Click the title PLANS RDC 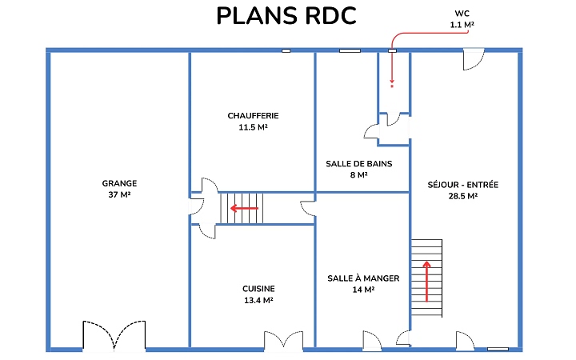(x=286, y=17)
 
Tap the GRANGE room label (x=119, y=183)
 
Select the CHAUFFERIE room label (x=253, y=116)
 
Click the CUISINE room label (x=258, y=289)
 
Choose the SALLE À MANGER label (x=363, y=278)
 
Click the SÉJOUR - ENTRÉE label (x=463, y=184)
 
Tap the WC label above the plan (x=461, y=14)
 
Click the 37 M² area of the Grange (x=119, y=195)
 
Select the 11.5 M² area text (x=253, y=127)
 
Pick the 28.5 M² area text (x=463, y=196)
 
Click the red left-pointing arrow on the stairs (x=245, y=208)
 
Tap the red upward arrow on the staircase (x=427, y=280)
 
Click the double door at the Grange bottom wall (x=114, y=336)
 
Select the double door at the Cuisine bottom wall (x=284, y=339)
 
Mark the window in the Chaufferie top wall (x=286, y=51)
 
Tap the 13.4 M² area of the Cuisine (x=258, y=301)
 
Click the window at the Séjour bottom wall (x=498, y=349)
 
